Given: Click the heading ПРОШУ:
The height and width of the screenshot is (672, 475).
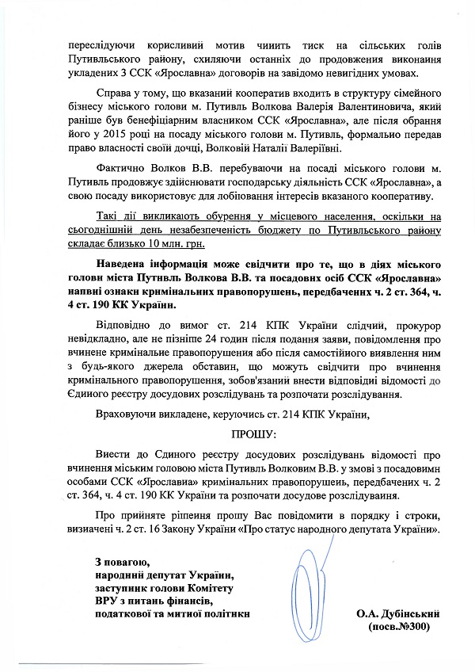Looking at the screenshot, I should (252, 435).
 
